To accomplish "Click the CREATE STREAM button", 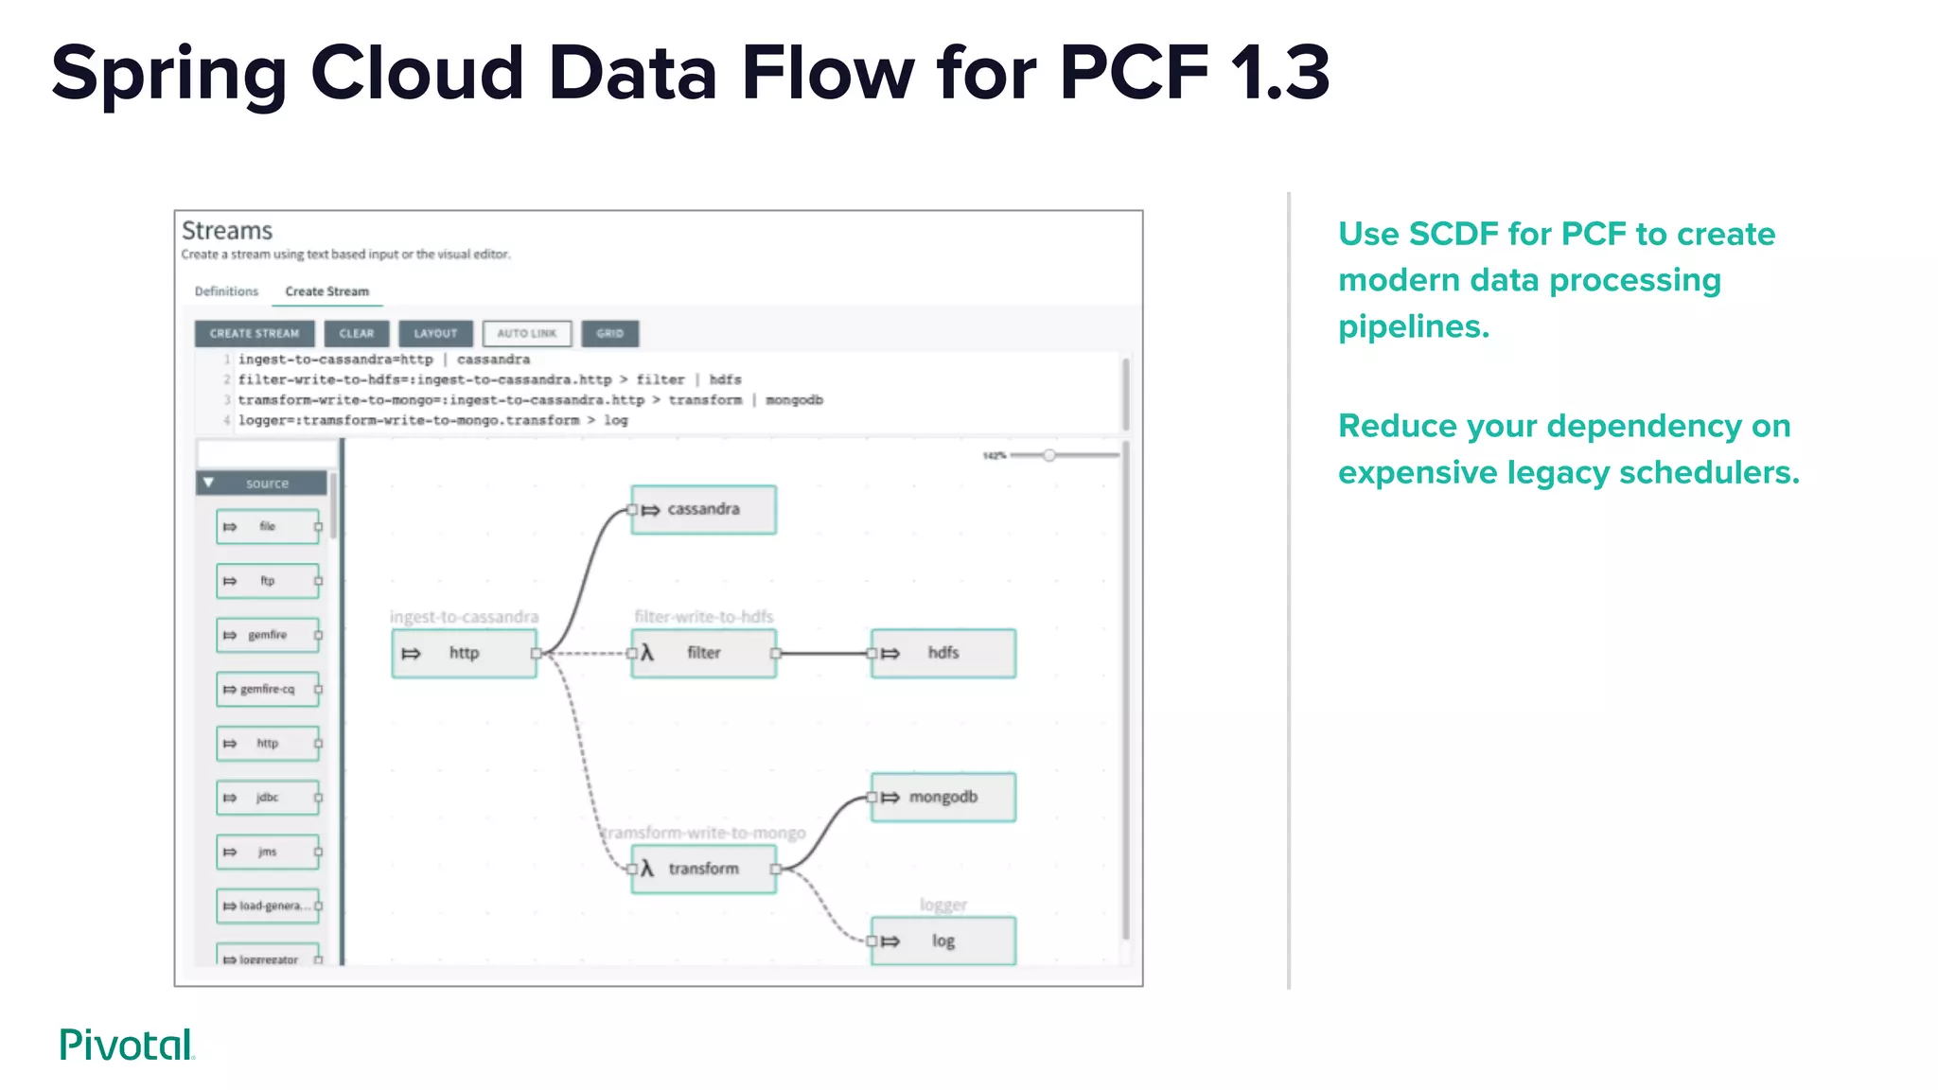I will [x=254, y=333].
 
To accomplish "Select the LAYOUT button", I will [x=435, y=333].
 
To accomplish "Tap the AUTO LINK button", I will [x=527, y=333].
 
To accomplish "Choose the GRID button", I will [x=609, y=333].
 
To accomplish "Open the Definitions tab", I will [x=226, y=291].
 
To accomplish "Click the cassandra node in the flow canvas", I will [x=703, y=510].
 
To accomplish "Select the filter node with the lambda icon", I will [x=703, y=653].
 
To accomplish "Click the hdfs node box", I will [x=943, y=653].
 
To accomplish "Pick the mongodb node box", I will [x=943, y=798].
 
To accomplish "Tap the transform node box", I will [x=703, y=869].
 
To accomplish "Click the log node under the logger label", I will [x=943, y=941].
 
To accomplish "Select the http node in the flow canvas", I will [x=464, y=653].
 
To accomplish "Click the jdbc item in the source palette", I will [x=268, y=798].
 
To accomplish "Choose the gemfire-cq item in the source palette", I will [x=268, y=689].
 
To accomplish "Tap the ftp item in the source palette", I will [x=268, y=581].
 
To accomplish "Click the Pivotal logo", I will [x=127, y=1045].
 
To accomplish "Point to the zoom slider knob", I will [x=1049, y=455].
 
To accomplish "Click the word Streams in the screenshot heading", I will [x=227, y=231].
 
